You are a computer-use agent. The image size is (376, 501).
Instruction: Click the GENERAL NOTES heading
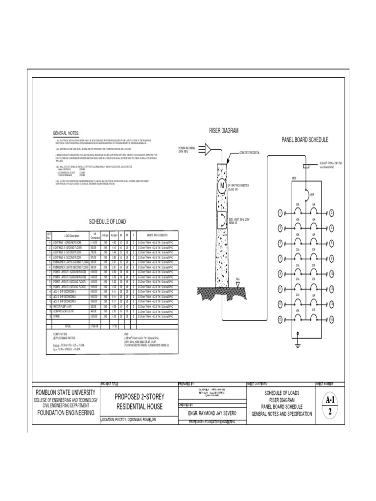(66, 133)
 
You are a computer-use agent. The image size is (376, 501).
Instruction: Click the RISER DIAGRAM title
(224, 131)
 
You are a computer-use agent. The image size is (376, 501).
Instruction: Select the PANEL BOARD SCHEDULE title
(305, 140)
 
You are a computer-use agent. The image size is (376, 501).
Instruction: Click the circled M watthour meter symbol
(221, 186)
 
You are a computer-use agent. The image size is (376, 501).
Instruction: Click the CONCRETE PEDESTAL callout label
(250, 153)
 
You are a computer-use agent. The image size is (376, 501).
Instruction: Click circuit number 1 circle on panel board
(280, 213)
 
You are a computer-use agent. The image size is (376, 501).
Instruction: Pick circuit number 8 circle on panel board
(331, 258)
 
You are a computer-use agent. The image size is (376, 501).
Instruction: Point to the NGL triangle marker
(237, 284)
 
